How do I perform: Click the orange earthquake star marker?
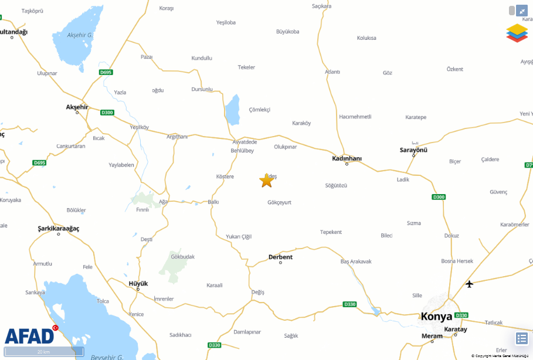(x=266, y=181)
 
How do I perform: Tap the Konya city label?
(x=436, y=317)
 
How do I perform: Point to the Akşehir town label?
(x=77, y=107)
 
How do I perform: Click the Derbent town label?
(x=280, y=257)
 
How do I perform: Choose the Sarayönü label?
(x=413, y=150)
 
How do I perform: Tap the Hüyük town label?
(x=138, y=283)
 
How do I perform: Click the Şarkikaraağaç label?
(x=58, y=228)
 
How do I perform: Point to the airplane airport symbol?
(x=469, y=284)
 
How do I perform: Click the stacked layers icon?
(x=517, y=33)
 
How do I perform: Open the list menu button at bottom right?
(x=522, y=338)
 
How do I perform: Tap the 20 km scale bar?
(x=44, y=352)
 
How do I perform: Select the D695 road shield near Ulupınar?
(x=106, y=72)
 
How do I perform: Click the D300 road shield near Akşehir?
(x=107, y=113)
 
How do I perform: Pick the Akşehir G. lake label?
(x=80, y=35)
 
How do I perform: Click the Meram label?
(x=432, y=336)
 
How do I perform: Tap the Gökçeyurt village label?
(x=279, y=202)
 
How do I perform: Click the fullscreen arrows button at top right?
(x=521, y=11)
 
